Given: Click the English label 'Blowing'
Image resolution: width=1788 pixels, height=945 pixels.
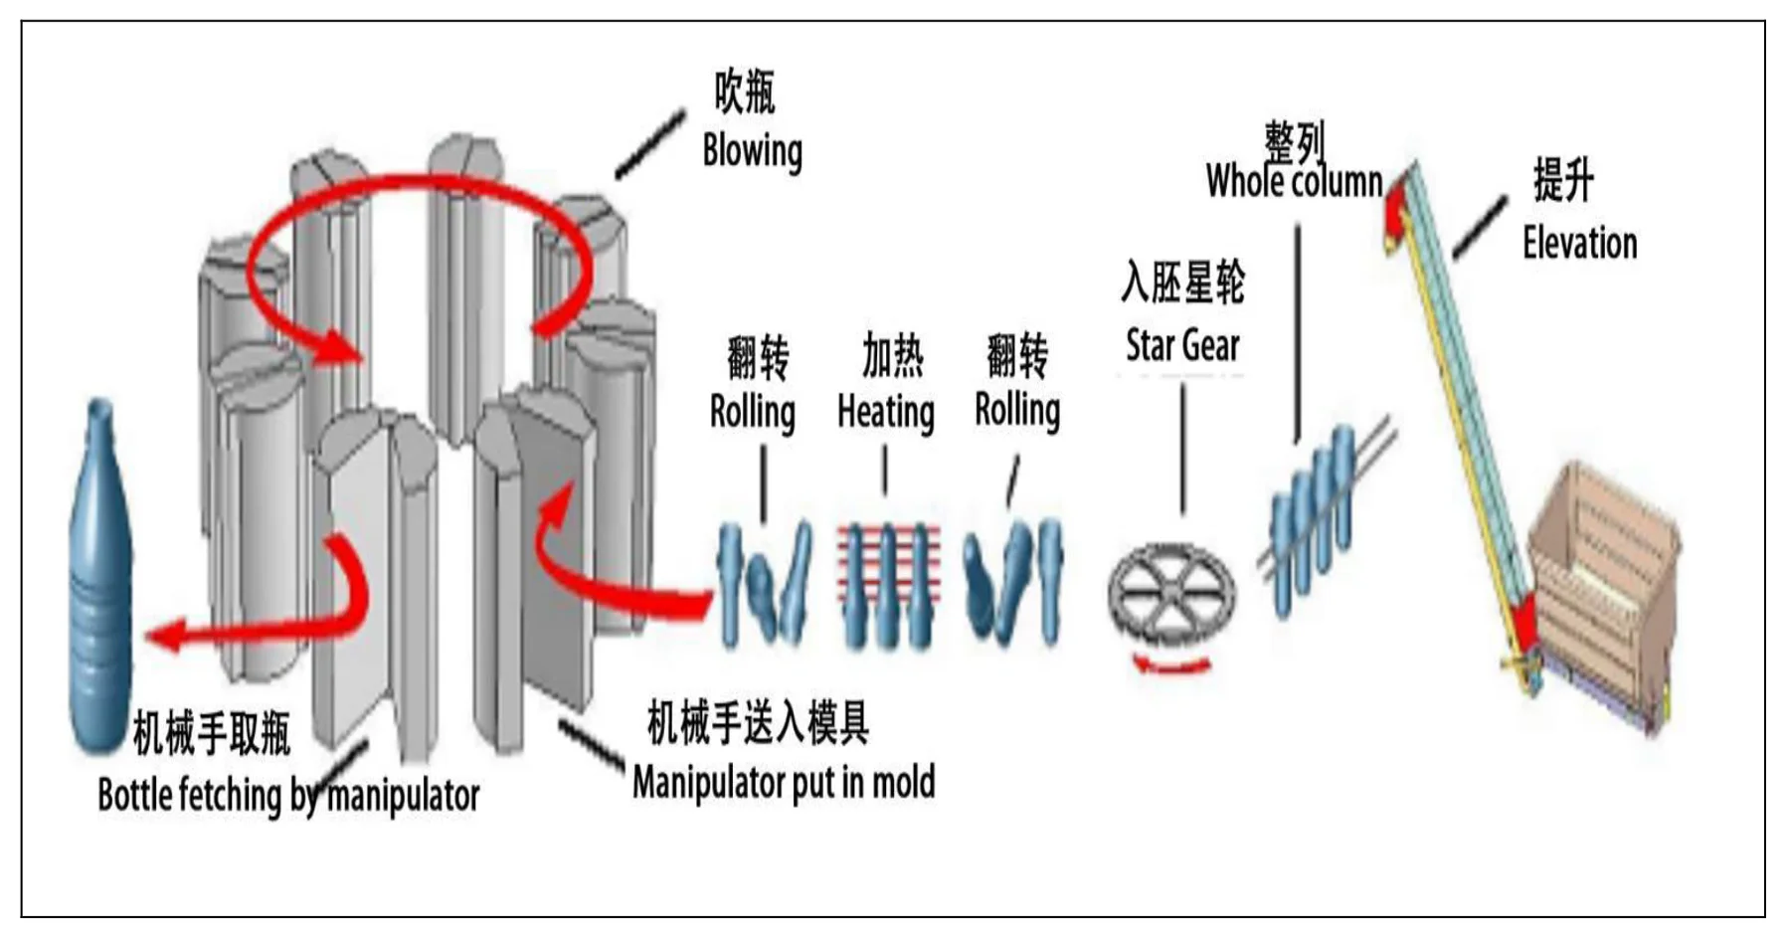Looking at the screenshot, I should coord(752,151).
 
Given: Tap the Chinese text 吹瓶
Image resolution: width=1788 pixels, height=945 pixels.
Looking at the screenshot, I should coord(744,93).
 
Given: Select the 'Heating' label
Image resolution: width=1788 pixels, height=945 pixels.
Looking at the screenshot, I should coord(885,412).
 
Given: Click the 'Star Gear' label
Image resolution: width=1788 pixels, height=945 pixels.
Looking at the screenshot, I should coord(1182,346).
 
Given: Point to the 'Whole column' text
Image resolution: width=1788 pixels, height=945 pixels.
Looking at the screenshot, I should coord(1294,182).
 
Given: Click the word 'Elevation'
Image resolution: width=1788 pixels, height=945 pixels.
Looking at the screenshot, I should coord(1579,244).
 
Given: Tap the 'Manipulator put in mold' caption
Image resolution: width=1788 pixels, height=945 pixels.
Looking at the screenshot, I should coord(784,783).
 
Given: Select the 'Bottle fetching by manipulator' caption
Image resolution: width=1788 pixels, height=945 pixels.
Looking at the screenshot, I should coord(288,796).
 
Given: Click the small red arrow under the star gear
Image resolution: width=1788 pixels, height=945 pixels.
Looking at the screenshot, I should coord(1173,664).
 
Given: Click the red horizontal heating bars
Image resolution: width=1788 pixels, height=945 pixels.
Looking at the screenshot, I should coord(888,567).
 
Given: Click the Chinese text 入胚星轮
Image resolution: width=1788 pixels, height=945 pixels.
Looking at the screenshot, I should coord(1182,283).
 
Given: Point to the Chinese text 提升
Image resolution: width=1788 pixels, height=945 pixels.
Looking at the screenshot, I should coord(1563,181).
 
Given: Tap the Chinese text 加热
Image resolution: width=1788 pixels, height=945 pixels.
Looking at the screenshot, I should coord(892,356).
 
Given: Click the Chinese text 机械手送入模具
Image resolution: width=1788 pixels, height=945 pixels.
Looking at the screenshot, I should coord(758,723).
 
